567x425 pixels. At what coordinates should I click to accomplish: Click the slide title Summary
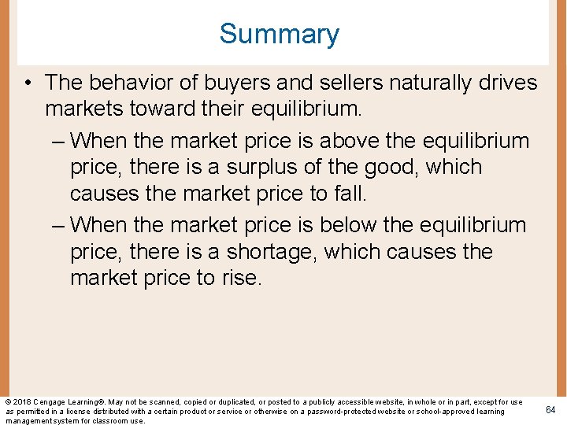click(279, 34)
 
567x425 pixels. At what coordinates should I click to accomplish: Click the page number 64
click(550, 409)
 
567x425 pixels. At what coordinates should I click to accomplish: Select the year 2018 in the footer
click(22, 402)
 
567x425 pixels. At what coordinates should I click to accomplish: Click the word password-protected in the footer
click(355, 412)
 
